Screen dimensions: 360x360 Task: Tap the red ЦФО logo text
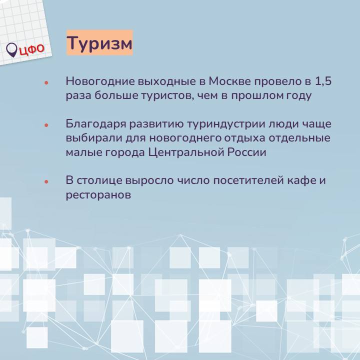32,49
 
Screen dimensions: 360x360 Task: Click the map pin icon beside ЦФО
11,50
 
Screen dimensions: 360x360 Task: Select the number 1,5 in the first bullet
323,81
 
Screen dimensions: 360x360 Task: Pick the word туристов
167,95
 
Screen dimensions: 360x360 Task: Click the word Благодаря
96,124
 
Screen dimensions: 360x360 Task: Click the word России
247,152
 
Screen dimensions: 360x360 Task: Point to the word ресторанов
98,195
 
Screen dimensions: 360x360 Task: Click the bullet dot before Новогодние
46,82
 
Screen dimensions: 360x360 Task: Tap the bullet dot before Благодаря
46,125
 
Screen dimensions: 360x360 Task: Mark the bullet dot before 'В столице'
46,181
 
